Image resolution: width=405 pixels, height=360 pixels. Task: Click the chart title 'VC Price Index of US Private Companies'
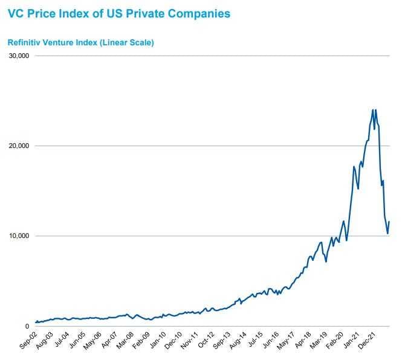119,13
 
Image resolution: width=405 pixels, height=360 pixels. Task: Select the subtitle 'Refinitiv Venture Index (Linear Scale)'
80,43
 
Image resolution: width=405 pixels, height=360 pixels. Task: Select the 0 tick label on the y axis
27,326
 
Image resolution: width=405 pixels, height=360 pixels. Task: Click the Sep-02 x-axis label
27,340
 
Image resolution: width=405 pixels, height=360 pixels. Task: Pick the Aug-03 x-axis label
45,340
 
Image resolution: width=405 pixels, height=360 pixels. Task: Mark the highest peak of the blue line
372,109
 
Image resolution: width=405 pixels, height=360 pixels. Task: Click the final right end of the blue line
389,222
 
